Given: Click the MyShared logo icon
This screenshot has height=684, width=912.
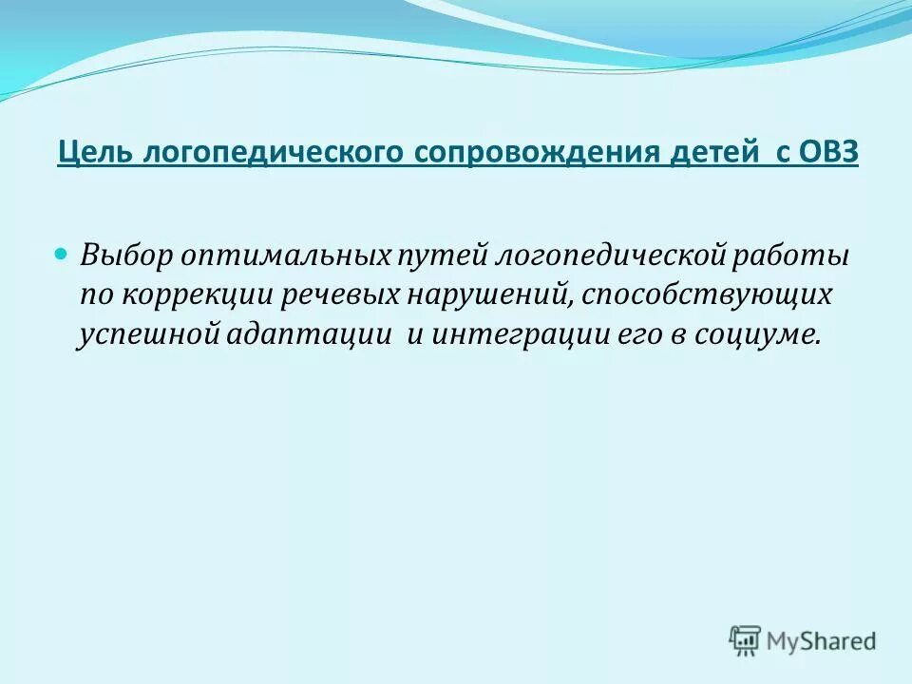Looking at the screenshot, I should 745,641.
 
